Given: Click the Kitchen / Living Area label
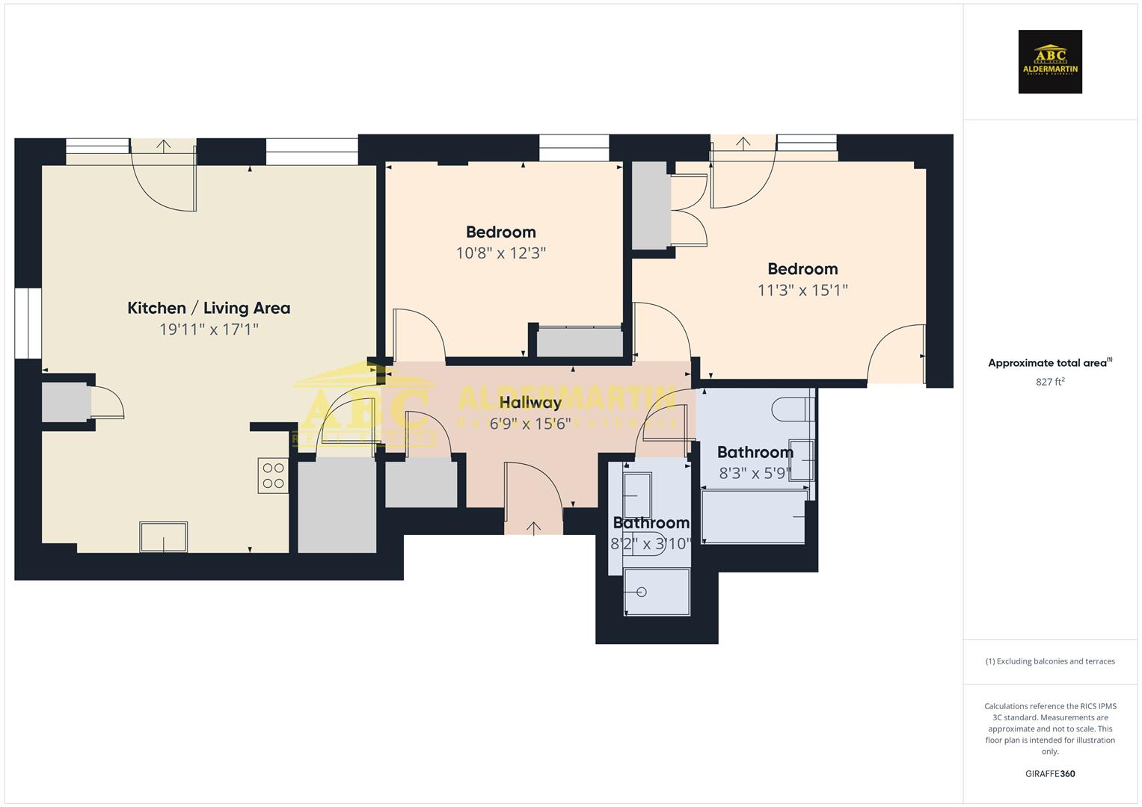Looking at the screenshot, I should (209, 308).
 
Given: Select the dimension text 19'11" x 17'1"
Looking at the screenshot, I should (209, 329).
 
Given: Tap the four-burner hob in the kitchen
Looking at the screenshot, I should (273, 475).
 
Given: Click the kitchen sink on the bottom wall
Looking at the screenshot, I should (163, 537).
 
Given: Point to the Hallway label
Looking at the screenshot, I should (530, 403).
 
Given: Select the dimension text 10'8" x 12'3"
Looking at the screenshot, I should (500, 253).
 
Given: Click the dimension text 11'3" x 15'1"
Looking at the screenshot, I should (802, 290).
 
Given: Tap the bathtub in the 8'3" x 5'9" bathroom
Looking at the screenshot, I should (754, 516).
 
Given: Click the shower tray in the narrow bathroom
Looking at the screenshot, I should (657, 592).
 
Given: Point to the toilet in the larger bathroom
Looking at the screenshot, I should (791, 409).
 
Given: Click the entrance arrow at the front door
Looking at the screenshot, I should (533, 528).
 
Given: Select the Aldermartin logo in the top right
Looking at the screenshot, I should (1050, 62).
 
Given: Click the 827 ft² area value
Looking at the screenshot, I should (1050, 382).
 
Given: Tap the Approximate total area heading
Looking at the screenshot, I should (1049, 363).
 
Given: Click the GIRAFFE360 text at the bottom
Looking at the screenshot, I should (1050, 773).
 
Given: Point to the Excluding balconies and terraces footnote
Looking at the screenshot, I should (1050, 661).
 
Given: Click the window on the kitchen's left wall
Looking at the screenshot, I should (28, 323).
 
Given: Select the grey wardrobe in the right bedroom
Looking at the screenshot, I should (651, 205).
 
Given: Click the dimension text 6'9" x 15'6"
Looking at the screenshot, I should (530, 424).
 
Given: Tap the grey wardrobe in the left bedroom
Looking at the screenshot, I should (580, 343).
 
